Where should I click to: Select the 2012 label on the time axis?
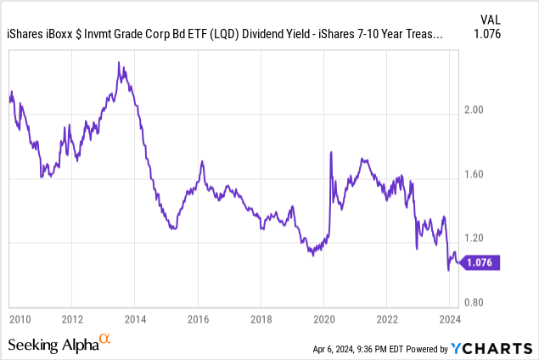(x=72, y=319)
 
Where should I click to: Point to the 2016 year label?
(x=198, y=319)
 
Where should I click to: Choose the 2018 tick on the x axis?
(x=261, y=319)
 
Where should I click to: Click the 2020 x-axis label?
(x=323, y=319)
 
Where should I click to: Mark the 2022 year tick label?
(x=386, y=319)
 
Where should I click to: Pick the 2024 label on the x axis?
(x=449, y=319)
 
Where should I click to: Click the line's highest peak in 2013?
(x=119, y=62)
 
